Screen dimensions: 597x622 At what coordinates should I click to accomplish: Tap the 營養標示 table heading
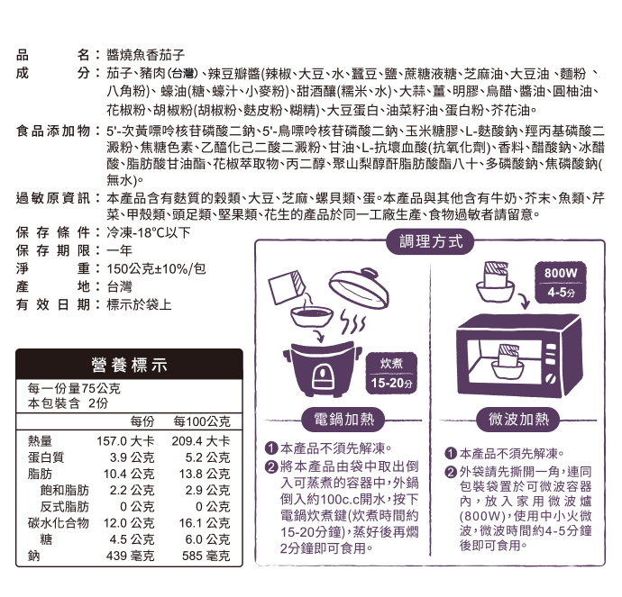click(130, 366)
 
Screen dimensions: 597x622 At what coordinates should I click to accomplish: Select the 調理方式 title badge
click(430, 242)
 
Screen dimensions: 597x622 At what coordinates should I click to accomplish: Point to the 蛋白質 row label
click(45, 457)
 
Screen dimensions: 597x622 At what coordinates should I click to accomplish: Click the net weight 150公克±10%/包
click(156, 268)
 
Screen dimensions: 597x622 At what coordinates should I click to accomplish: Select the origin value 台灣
click(119, 285)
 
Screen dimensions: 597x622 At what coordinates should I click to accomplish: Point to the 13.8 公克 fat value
click(203, 474)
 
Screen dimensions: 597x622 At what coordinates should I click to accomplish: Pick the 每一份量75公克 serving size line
click(74, 389)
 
